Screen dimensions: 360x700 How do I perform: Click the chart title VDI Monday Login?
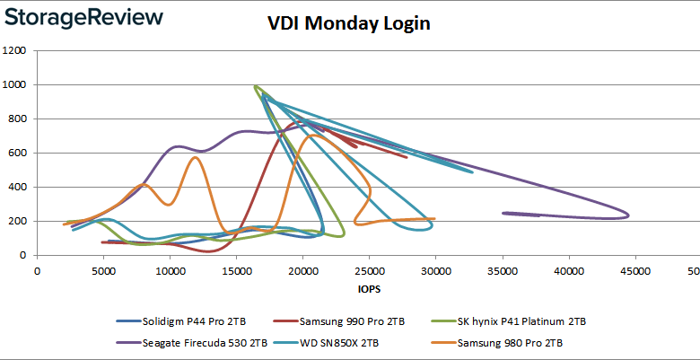349,23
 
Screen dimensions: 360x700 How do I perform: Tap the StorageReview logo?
83,17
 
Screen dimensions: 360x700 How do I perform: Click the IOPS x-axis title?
368,290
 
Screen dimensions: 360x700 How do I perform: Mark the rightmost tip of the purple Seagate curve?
628,215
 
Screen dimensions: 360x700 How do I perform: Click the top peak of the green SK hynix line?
257,86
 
